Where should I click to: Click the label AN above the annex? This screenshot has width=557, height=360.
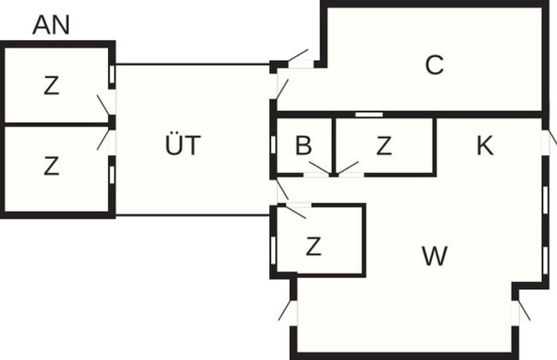51,25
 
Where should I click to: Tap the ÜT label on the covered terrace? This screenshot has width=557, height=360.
182,146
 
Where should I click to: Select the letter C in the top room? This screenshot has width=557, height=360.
434,65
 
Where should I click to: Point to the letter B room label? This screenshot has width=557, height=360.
302,146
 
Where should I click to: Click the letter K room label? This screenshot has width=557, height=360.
484,146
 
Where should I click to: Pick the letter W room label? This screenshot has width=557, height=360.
435,255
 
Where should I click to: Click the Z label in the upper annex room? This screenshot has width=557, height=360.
51,86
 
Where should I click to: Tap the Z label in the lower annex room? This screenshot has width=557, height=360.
51,166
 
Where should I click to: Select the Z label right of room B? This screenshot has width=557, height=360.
383,146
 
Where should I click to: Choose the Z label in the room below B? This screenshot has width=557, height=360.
314,248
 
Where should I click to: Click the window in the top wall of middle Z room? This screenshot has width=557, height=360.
369,114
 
